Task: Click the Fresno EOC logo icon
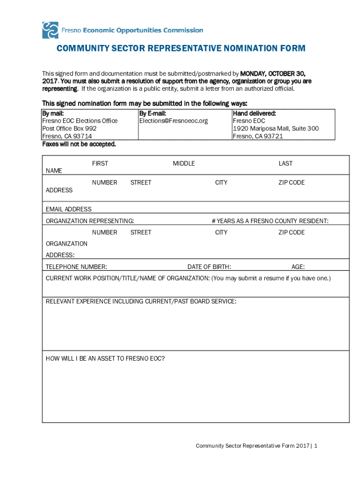(x=50, y=30)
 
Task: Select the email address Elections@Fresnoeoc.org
(x=173, y=121)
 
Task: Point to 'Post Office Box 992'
(x=69, y=128)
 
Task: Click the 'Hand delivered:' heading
(x=254, y=113)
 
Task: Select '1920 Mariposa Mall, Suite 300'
(x=276, y=128)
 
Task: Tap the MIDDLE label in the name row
(x=184, y=163)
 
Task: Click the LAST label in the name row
(x=285, y=163)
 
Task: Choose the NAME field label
(x=54, y=171)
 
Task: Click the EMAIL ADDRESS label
(x=69, y=209)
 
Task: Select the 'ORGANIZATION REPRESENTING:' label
(x=90, y=221)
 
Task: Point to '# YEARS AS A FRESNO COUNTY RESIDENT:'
(x=270, y=221)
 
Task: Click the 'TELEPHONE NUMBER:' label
(x=76, y=267)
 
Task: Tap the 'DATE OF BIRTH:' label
(x=209, y=267)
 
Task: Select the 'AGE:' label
(x=298, y=267)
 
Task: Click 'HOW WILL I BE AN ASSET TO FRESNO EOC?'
(x=105, y=359)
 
